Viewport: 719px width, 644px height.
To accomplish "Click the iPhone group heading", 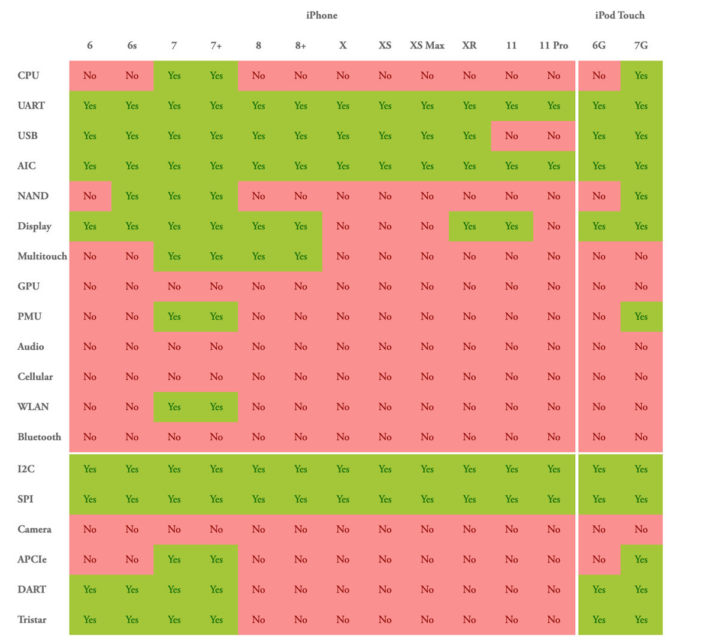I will pyautogui.click(x=322, y=16).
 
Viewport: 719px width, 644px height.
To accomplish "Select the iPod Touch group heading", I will pyautogui.click(x=620, y=16).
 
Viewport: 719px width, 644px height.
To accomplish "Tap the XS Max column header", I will pyautogui.click(x=427, y=46).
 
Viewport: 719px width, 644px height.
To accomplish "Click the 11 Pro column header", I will pyautogui.click(x=554, y=46).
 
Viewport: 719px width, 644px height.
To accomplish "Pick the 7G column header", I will pyautogui.click(x=641, y=46).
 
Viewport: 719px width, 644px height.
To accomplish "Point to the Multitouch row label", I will pyautogui.click(x=42, y=256).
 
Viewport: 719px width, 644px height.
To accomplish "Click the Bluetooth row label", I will pyautogui.click(x=39, y=437).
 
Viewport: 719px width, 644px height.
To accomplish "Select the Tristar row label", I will pyautogui.click(x=32, y=620).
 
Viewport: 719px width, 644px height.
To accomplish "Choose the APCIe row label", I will pyautogui.click(x=32, y=560).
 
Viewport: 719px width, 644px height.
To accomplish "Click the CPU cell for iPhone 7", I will pyautogui.click(x=174, y=76).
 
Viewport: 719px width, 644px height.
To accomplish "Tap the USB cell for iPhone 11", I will pyautogui.click(x=512, y=136).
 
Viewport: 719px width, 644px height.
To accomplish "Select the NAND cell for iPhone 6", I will pyautogui.click(x=90, y=196).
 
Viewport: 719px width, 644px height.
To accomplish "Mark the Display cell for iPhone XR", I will pyautogui.click(x=470, y=226).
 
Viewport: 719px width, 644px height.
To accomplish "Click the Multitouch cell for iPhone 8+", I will pyautogui.click(x=301, y=256).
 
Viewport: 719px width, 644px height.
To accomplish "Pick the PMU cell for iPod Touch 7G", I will pyautogui.click(x=641, y=317).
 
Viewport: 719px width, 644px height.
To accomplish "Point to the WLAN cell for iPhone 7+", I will pyautogui.click(x=216, y=407).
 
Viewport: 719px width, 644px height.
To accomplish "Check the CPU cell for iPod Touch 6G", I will pyautogui.click(x=599, y=76).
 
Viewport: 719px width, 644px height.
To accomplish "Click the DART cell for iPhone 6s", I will pyautogui.click(x=132, y=590).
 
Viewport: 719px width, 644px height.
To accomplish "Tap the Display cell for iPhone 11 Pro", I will pyautogui.click(x=554, y=226).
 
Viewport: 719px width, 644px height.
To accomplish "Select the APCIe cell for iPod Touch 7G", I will pyautogui.click(x=641, y=560).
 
